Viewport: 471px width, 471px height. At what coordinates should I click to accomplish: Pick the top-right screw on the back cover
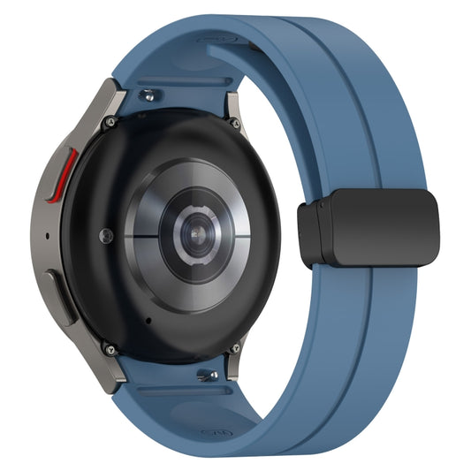coord(234,125)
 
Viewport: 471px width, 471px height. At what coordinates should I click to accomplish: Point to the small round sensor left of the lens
coord(107,235)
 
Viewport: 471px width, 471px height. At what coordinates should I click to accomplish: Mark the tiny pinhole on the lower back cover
coord(147,320)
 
